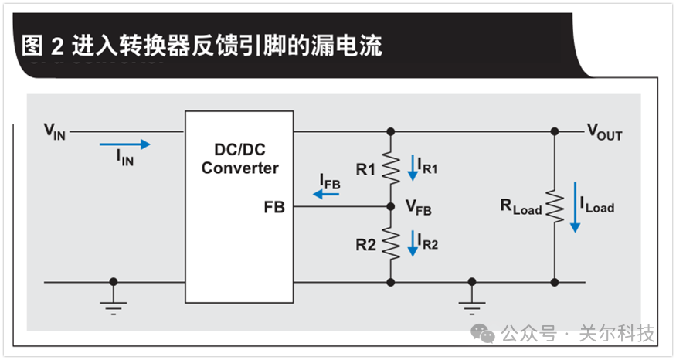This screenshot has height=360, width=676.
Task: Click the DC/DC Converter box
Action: click(x=239, y=207)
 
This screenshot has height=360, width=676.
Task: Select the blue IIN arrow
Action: click(x=124, y=144)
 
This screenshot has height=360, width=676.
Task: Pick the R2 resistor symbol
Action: click(x=391, y=244)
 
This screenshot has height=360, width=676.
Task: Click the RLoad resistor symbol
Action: click(x=555, y=205)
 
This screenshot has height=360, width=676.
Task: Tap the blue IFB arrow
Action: click(x=326, y=195)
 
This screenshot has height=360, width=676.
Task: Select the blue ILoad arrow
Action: click(x=574, y=206)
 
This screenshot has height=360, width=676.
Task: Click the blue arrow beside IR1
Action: click(x=413, y=168)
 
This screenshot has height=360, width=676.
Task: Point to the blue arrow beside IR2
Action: click(x=413, y=244)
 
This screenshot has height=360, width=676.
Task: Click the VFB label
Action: click(x=419, y=208)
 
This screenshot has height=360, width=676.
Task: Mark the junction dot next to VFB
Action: click(x=391, y=207)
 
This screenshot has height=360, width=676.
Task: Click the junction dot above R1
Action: click(x=391, y=131)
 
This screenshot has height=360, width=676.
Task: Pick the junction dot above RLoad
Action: click(x=555, y=131)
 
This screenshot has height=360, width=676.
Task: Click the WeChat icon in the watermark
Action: click(x=484, y=333)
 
